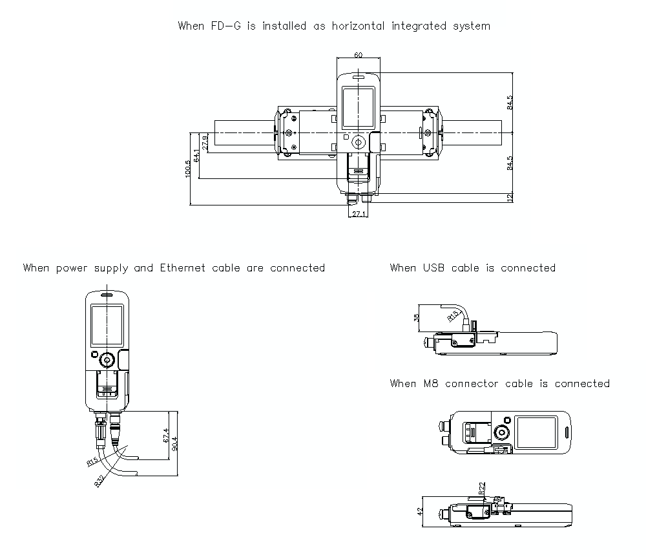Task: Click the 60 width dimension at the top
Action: [x=358, y=55]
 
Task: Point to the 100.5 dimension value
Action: [x=188, y=169]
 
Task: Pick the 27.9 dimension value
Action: [x=205, y=142]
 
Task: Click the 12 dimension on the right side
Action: [x=510, y=198]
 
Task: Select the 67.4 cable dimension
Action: [x=166, y=435]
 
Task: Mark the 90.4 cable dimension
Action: [x=176, y=443]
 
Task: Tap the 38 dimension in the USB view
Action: [x=416, y=317]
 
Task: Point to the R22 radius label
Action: [x=482, y=489]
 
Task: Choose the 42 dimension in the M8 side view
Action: [x=420, y=510]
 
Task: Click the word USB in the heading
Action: [x=434, y=268]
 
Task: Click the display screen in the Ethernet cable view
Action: [x=107, y=325]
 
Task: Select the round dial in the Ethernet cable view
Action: [x=107, y=359]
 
